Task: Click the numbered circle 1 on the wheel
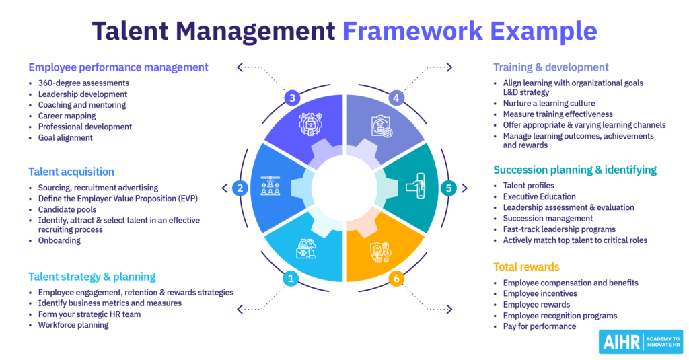(291, 278)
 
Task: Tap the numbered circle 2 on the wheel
(240, 188)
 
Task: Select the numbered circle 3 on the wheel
(291, 98)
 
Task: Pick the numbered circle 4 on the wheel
(397, 98)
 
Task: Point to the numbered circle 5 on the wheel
(449, 188)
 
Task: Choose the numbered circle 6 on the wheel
(397, 278)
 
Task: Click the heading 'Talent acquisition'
(71, 172)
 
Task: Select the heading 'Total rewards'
(526, 266)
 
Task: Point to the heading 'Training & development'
(550, 67)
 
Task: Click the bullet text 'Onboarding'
(59, 240)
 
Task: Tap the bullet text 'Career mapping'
(68, 116)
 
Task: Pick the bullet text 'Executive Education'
(539, 196)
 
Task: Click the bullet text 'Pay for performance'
(539, 326)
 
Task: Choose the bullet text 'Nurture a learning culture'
(548, 104)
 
